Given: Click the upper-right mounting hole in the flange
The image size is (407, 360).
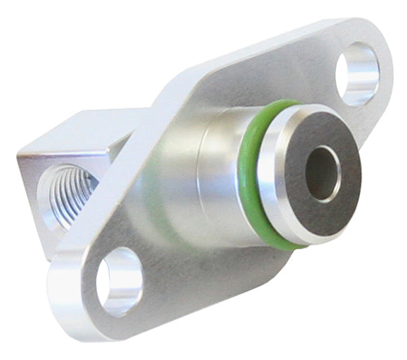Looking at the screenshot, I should coord(357,74).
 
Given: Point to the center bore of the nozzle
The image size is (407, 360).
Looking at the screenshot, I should coord(323,173).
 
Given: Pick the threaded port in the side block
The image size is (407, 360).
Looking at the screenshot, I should coord(68,196).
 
